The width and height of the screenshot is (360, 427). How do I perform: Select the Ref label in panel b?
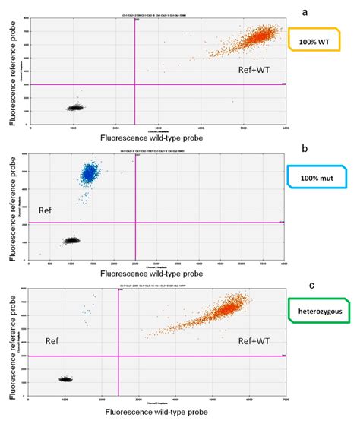tap(46, 209)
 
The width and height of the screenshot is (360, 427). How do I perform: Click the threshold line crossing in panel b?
tap(135, 223)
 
